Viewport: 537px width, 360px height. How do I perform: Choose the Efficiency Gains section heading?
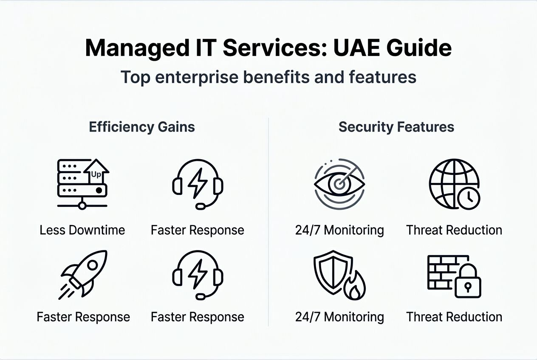point(142,127)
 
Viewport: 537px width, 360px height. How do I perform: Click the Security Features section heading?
point(396,127)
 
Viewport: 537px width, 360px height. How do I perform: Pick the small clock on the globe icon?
point(469,197)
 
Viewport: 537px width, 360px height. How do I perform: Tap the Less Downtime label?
point(82,231)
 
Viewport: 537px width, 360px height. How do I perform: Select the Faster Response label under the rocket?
point(83,317)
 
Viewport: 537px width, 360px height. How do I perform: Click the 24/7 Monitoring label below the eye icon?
point(339,231)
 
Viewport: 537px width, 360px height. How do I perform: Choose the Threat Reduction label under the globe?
point(454,231)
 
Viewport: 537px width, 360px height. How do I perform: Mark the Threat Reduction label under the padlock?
point(454,317)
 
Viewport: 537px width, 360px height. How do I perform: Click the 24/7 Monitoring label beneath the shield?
point(339,317)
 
